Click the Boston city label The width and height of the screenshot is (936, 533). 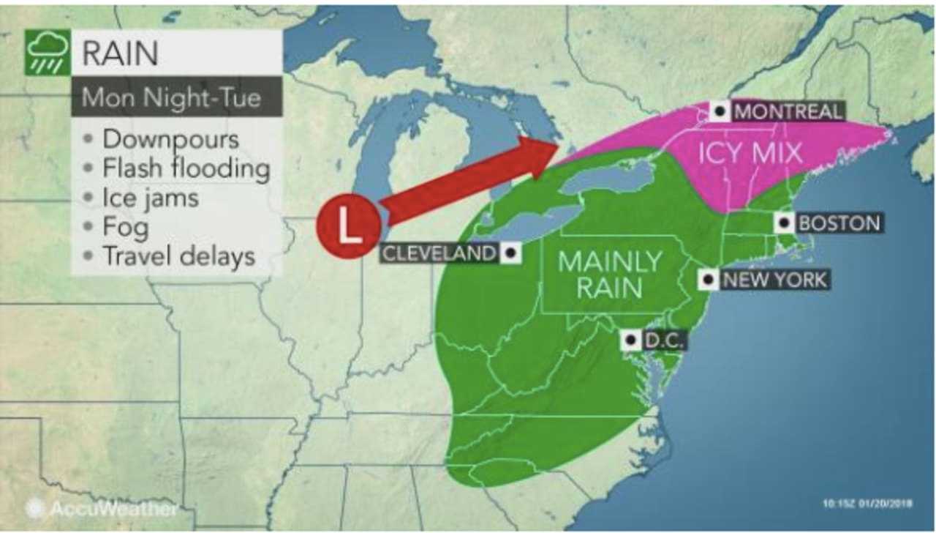[839, 223]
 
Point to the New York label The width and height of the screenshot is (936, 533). [773, 279]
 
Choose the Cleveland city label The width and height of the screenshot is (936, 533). [437, 253]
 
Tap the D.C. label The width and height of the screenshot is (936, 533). [663, 340]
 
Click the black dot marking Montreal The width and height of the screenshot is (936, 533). [720, 111]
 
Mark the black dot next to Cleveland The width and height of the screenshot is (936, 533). [510, 253]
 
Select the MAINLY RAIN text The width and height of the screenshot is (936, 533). [609, 275]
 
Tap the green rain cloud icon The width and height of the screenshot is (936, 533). [48, 52]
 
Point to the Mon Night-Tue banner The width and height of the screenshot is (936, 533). [172, 97]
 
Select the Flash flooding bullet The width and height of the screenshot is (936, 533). [185, 169]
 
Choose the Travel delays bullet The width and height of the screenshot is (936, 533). [178, 256]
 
